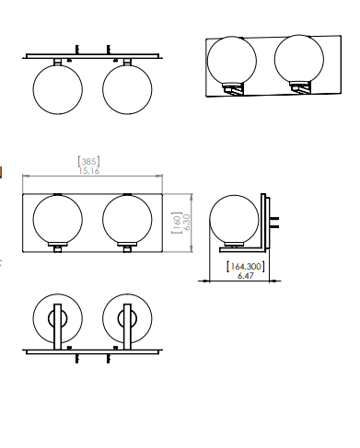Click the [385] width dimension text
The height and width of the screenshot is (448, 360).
90,161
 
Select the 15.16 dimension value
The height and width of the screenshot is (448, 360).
90,170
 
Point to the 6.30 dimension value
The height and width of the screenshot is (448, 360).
186,223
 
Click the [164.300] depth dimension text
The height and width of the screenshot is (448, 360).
246,266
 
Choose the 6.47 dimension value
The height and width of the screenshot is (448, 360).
246,275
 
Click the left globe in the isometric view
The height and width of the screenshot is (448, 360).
232,62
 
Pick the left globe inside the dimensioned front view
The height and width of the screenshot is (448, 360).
57,221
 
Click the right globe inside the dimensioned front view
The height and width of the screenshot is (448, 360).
127,221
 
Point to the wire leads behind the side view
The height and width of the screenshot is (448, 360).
275,220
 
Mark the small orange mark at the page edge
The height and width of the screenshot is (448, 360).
1,171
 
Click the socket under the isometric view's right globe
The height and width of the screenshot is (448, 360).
300,86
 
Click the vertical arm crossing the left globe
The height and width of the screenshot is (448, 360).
57,327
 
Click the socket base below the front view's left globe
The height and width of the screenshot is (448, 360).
57,247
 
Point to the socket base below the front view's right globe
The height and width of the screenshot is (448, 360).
127,247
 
